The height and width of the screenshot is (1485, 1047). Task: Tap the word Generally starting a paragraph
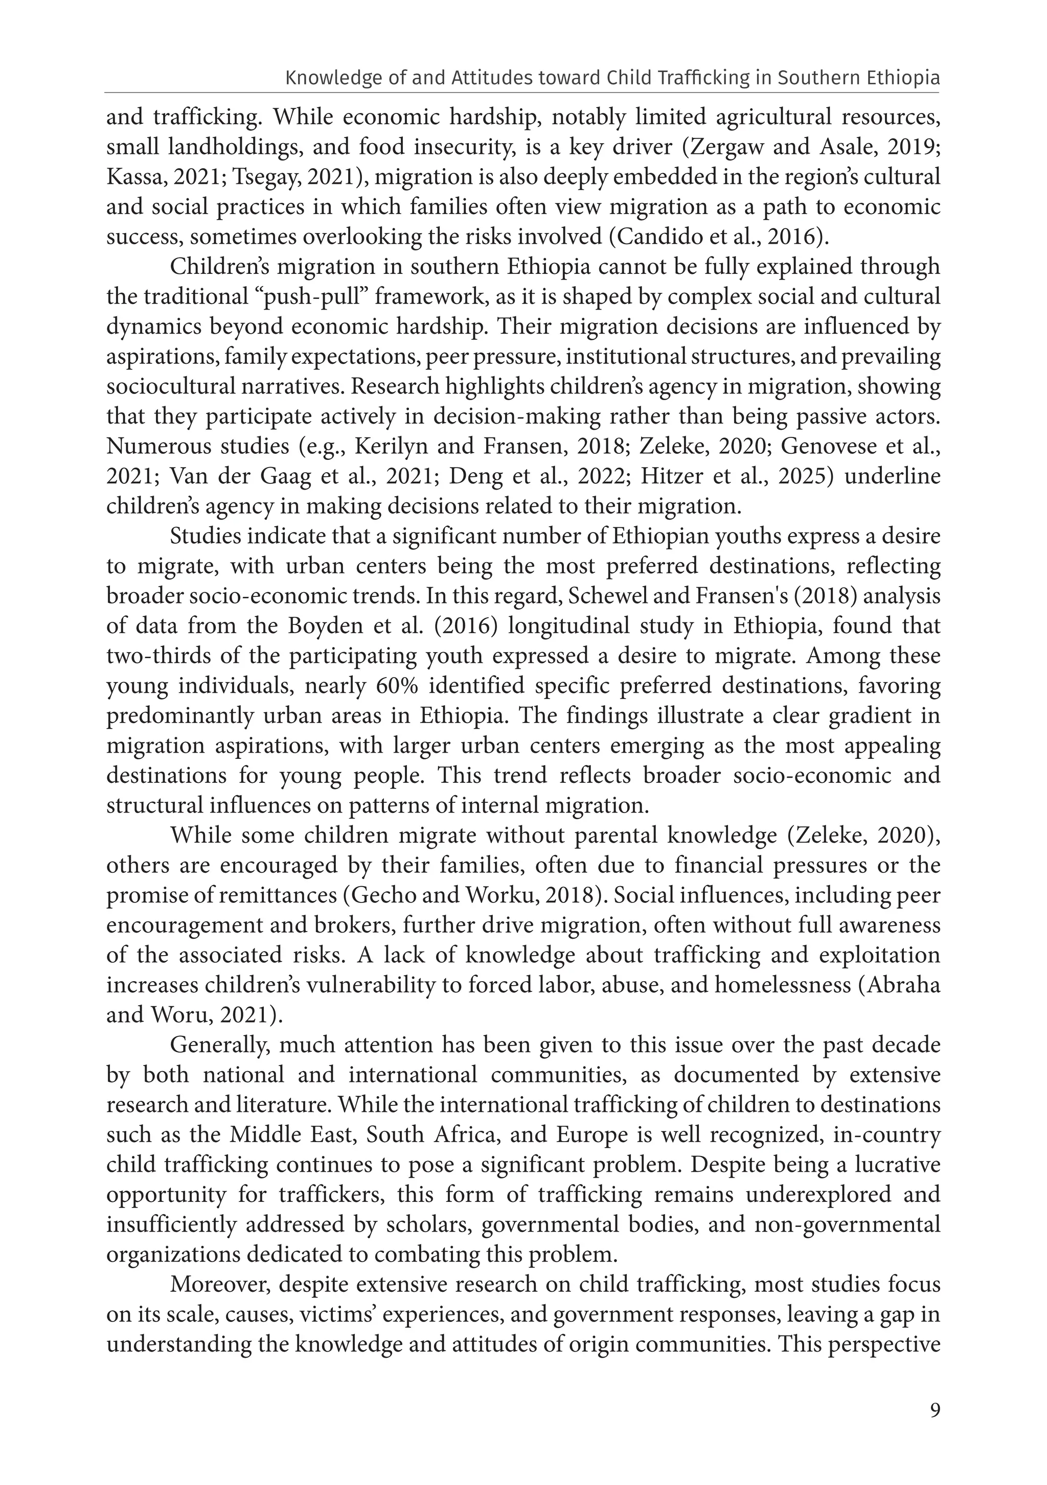pos(216,1045)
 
